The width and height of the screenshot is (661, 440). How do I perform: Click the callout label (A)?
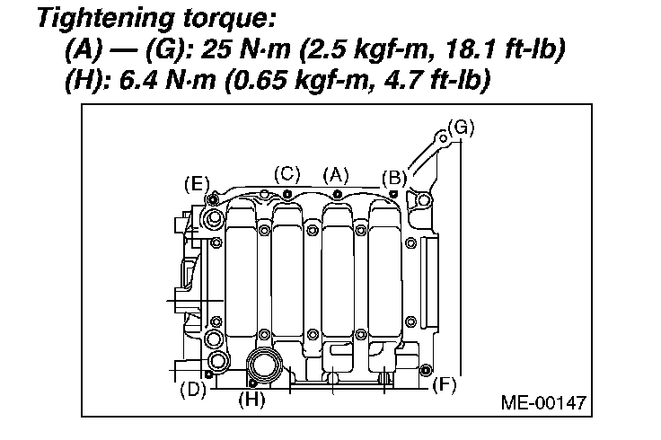point(336,175)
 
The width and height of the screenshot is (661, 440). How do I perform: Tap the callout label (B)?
point(394,179)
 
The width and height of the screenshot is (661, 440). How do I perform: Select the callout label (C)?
point(287,174)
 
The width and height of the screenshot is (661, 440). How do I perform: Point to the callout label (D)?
point(193,389)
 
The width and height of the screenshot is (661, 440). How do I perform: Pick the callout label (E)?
point(197,185)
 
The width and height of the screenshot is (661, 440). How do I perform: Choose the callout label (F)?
point(445,385)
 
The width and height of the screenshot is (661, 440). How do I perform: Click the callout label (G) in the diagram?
point(462,128)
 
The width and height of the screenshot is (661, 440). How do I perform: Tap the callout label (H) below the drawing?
point(251,399)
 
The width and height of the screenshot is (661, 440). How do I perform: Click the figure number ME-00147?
point(543,402)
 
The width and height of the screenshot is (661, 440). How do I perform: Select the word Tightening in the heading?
point(106,19)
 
